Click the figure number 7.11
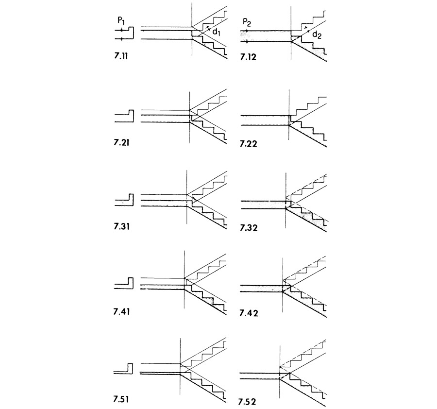(121, 56)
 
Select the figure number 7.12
(248, 57)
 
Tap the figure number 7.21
(121, 143)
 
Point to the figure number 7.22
(248, 144)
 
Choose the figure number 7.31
(121, 226)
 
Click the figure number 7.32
(249, 228)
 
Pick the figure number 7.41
(121, 311)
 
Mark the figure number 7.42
(249, 313)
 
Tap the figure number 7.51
(121, 399)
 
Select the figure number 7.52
(247, 402)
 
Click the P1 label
(121, 21)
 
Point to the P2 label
(247, 22)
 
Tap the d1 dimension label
(216, 33)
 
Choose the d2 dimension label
(317, 35)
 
